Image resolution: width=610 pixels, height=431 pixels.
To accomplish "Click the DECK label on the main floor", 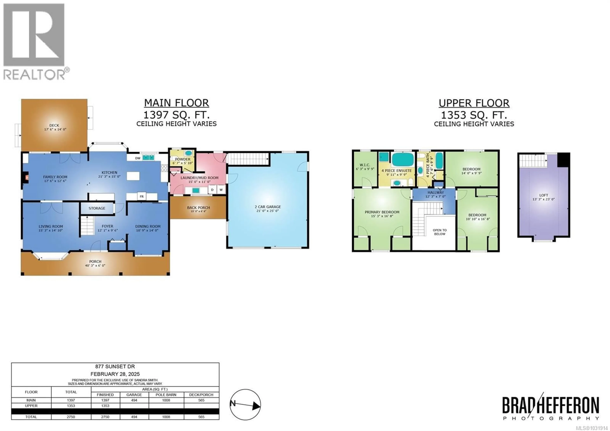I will tap(54, 125).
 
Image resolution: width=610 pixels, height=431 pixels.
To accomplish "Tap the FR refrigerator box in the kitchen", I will tap(142, 196).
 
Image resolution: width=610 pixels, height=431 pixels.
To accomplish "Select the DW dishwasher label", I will tap(138, 158).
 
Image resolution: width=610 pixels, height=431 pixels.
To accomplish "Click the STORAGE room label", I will tap(97, 208).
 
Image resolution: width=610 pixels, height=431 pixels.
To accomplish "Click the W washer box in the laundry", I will tap(221, 190).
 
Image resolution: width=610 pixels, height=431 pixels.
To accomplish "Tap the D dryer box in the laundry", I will tap(212, 190).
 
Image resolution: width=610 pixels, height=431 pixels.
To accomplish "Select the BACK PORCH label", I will tap(198, 208).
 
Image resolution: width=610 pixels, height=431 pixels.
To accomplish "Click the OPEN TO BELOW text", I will tap(440, 232).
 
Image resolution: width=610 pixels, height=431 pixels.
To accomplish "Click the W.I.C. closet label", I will tap(365, 165).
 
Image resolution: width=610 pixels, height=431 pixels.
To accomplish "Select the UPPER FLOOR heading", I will tap(474, 103).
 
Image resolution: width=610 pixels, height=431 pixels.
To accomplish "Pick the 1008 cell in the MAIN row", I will tap(166, 400).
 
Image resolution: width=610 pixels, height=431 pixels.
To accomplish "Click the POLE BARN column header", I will tap(166, 395).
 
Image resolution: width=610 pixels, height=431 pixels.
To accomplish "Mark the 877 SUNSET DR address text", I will tap(115, 366).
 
